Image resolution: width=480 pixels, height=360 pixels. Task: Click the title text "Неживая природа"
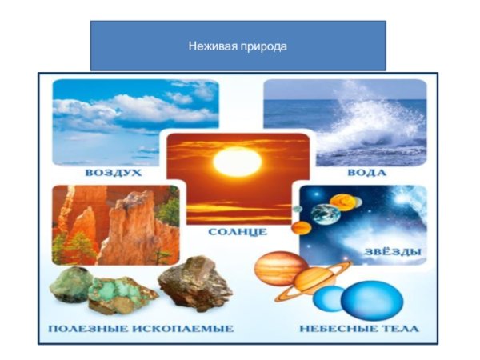pyautogui.click(x=238, y=46)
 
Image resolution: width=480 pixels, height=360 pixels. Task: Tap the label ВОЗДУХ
pyautogui.click(x=115, y=172)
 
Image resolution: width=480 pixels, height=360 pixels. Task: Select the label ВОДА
pyautogui.click(x=368, y=172)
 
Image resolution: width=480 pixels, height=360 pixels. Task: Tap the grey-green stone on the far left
pyautogui.click(x=71, y=285)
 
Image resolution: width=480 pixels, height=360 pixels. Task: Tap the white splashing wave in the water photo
pyautogui.click(x=376, y=128)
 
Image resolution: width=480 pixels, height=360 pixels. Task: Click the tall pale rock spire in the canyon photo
pyautogui.click(x=128, y=228)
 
